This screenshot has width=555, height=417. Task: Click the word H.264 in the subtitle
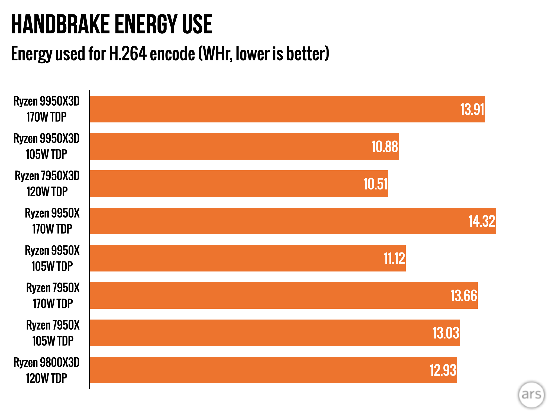(127, 53)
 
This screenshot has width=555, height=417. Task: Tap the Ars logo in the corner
(531, 394)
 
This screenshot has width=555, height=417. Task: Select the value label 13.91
(472, 109)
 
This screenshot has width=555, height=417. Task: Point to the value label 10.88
(385, 147)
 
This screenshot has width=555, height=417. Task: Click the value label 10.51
(375, 184)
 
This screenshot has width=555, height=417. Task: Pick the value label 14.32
(482, 221)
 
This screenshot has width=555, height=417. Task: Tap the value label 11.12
(394, 258)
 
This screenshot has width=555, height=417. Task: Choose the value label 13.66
(463, 296)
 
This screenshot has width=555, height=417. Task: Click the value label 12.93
(443, 370)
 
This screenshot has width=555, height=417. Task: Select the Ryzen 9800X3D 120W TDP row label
(47, 370)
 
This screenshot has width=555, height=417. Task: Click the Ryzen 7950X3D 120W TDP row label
(47, 184)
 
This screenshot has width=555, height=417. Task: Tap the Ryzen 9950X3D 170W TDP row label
(47, 109)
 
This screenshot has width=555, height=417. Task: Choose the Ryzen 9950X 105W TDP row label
(52, 258)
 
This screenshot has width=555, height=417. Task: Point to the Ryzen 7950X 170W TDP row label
(53, 296)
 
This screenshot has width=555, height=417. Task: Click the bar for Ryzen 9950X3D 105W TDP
(230, 147)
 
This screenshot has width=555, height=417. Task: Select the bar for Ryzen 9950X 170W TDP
(271, 221)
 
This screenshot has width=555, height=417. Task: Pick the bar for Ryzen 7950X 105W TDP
(257, 333)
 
